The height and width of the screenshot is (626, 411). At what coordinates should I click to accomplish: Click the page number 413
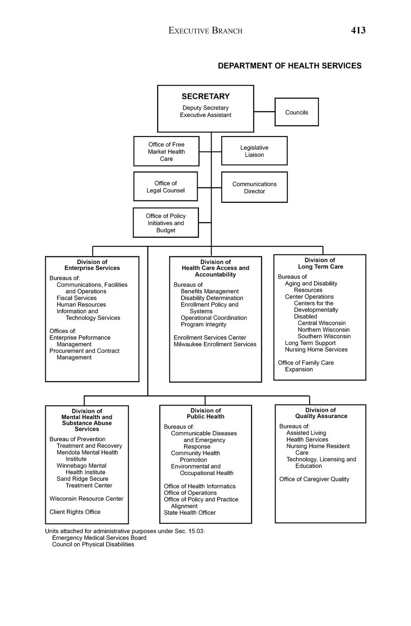358,30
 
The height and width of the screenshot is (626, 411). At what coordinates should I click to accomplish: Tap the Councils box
296,112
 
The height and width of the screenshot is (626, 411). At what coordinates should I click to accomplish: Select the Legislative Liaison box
254,151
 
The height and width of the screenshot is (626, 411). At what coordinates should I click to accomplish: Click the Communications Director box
254,187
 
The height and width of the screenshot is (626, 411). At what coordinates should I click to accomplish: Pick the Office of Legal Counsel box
165,186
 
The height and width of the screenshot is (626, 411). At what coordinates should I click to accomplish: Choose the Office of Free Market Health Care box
166,152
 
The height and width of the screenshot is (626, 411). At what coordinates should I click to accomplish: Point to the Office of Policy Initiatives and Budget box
166,223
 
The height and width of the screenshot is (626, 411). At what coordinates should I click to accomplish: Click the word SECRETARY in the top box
205,96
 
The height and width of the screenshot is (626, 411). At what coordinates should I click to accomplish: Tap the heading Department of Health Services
290,66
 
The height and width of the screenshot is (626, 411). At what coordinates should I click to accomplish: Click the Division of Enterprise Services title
92,265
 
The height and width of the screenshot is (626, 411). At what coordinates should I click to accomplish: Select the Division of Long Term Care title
320,263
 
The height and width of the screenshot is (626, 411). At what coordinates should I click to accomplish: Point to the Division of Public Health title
205,413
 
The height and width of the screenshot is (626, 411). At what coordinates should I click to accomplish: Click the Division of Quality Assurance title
321,413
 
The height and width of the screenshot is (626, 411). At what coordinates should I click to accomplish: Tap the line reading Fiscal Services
77,298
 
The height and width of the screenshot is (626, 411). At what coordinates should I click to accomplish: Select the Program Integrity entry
203,324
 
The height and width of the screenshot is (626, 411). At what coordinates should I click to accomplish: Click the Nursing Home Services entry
316,349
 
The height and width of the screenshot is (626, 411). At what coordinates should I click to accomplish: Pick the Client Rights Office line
75,512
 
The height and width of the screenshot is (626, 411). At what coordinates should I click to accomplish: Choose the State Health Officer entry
190,513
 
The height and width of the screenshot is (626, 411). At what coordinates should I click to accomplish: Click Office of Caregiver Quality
314,479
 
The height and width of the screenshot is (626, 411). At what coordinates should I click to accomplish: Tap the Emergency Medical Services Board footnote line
99,538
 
